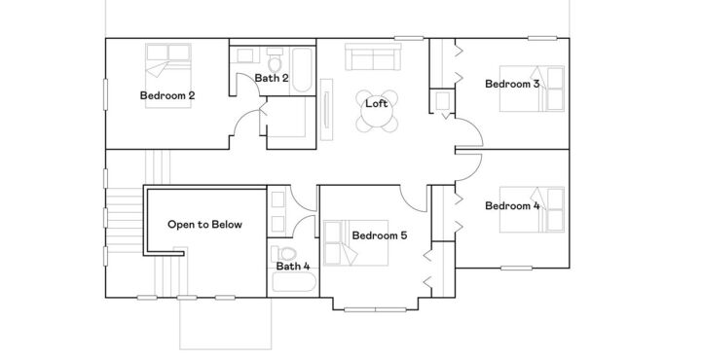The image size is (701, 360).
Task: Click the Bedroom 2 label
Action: [167, 95]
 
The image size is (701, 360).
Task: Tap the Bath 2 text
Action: [272, 77]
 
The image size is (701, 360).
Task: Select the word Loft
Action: [377, 103]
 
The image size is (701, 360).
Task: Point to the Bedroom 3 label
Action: [512, 85]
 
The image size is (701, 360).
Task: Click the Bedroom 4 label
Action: [512, 205]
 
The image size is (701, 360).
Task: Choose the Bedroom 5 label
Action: [380, 235]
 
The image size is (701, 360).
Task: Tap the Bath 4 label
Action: [292, 266]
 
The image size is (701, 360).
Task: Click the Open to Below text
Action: [204, 224]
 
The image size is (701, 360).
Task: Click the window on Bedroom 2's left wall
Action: [105, 96]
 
